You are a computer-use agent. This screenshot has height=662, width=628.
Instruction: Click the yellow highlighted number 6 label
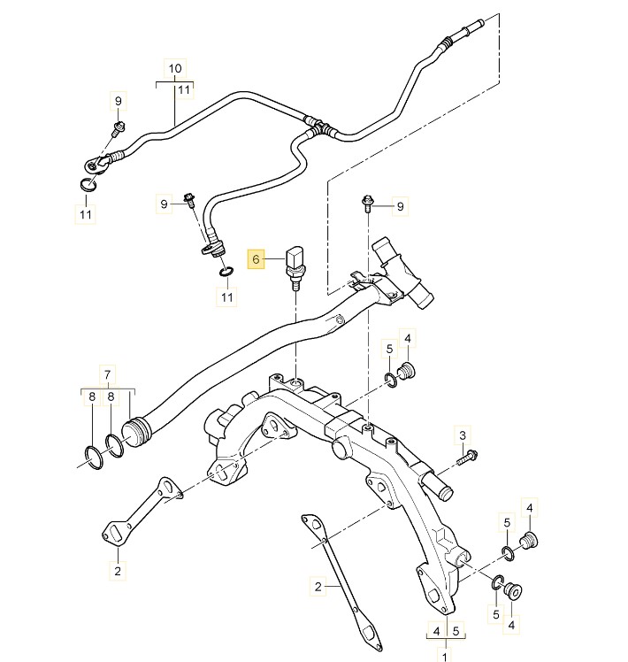point(257,259)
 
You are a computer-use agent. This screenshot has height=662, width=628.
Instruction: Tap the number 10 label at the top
point(175,68)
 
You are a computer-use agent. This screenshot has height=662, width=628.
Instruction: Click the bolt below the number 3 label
point(470,457)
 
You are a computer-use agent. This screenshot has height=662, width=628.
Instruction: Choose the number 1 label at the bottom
point(445,654)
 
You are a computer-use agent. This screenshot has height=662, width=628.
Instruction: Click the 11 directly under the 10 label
point(184,89)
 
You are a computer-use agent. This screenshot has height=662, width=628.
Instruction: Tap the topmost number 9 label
point(118,101)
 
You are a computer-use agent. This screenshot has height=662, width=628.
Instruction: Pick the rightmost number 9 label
point(400,206)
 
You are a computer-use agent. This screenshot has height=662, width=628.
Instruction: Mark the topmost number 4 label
point(408,338)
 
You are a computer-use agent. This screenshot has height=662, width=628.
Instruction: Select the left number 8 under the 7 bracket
point(91,398)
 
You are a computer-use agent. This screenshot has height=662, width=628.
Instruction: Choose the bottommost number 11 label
point(228,296)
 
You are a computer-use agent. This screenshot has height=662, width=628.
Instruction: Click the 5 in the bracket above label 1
point(456,631)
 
